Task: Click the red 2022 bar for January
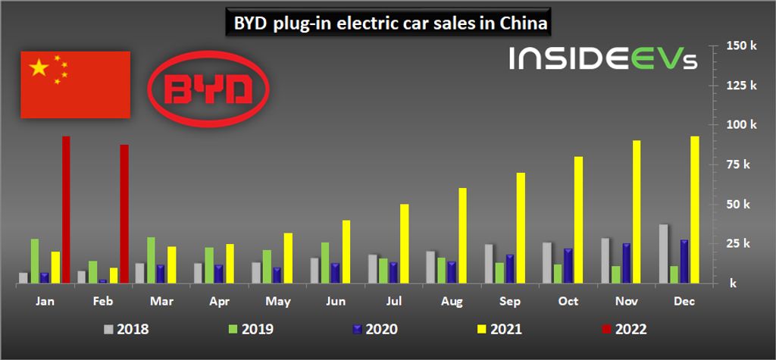[66, 209]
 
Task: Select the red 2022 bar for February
[124, 213]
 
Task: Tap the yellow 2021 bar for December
[694, 209]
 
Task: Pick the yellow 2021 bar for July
[404, 243]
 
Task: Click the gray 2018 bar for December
[662, 253]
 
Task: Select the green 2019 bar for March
[152, 259]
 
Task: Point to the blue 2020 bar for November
[625, 262]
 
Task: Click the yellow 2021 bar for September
[521, 227]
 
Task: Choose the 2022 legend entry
[623, 330]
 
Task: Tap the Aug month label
[452, 301]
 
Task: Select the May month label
[277, 301]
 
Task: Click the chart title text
[386, 23]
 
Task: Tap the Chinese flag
[75, 84]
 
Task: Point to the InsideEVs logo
[603, 59]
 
